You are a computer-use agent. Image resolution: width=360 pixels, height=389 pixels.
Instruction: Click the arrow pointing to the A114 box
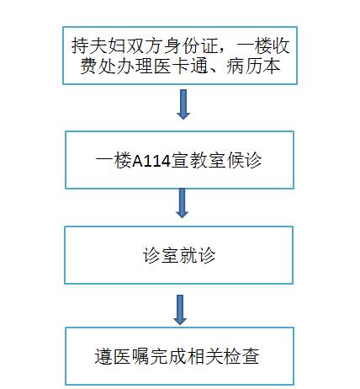coord(183,104)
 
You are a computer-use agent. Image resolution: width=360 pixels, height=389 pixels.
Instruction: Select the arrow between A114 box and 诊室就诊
coord(182,203)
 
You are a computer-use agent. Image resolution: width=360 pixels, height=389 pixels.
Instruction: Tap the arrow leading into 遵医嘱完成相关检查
coord(180,310)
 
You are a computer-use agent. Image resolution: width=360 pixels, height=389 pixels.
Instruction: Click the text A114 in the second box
coord(151,162)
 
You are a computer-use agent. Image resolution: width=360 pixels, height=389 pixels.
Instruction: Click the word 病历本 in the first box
coord(253,67)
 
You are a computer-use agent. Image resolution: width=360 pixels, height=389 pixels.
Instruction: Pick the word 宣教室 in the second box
coord(199,161)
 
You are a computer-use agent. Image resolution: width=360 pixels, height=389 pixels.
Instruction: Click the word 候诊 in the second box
coord(244,161)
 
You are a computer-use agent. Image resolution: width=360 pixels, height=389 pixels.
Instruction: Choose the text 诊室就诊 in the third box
coord(179,255)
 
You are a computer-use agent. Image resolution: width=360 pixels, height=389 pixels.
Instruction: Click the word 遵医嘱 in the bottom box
coord(122,356)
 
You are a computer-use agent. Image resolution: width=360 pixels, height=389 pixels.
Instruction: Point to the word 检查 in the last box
coord(241,356)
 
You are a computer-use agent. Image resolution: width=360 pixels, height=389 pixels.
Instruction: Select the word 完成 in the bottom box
coord(167,356)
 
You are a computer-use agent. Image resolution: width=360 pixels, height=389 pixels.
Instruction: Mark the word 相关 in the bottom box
coord(204,356)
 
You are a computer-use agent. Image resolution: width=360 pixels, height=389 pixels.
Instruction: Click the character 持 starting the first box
coord(81,46)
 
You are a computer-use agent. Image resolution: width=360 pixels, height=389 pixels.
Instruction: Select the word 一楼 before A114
coord(114,161)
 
